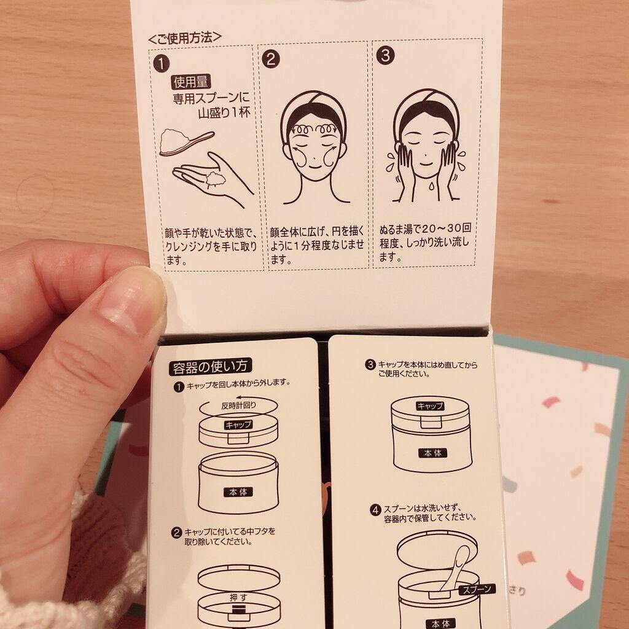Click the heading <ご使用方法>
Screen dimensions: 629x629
(x=185, y=37)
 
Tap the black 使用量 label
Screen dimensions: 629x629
(x=191, y=82)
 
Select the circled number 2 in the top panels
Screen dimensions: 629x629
(x=271, y=60)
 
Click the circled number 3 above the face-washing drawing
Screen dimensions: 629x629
(x=385, y=55)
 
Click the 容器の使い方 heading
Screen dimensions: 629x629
(x=210, y=367)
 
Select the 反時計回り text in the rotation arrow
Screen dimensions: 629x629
(x=238, y=405)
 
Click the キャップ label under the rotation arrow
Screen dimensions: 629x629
(x=238, y=425)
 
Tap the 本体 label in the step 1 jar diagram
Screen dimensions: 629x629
(x=238, y=492)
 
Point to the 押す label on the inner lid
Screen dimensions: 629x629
(x=238, y=597)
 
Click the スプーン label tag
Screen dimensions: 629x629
(x=477, y=589)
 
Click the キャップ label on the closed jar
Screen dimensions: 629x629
(x=430, y=406)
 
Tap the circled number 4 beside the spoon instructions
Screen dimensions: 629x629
(x=375, y=510)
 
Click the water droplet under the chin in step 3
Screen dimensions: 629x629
(x=431, y=186)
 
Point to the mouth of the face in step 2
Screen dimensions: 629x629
(x=315, y=165)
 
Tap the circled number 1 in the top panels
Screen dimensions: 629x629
(x=162, y=64)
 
